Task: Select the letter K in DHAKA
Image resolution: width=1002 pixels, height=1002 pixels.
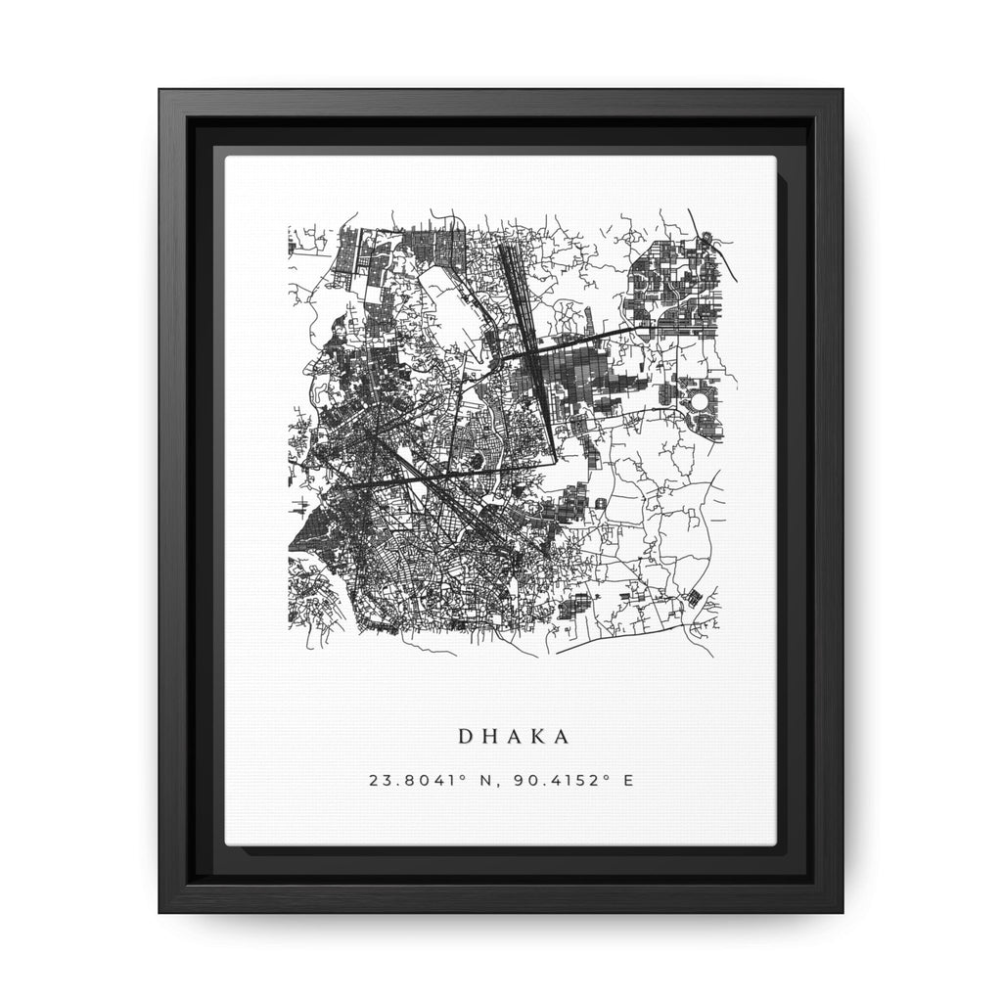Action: tap(530, 735)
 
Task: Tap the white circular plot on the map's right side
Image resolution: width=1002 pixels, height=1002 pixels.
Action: tap(701, 402)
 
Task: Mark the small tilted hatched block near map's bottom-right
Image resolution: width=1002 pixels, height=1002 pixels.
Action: tap(694, 597)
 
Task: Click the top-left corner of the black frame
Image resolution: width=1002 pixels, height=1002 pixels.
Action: tap(161, 91)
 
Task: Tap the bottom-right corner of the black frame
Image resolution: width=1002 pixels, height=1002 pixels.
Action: tap(842, 911)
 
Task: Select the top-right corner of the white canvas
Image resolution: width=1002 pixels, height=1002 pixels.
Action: tap(775, 157)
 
